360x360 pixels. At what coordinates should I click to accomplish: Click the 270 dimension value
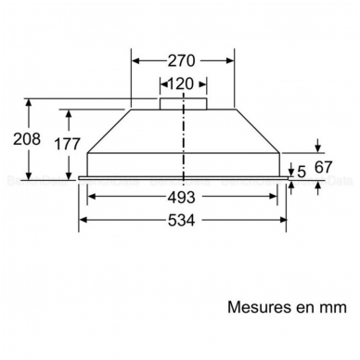(x=182, y=60)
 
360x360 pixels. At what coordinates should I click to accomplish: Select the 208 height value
(x=27, y=139)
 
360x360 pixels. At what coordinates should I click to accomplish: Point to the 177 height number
(x=68, y=144)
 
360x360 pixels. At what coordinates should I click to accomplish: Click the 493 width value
(x=182, y=197)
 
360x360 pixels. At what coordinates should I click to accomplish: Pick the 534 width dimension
(x=182, y=221)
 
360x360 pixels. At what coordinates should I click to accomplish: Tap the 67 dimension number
(x=323, y=167)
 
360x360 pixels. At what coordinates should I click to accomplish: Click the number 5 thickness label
(x=302, y=172)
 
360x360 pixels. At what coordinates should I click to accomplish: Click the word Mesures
(x=259, y=307)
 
